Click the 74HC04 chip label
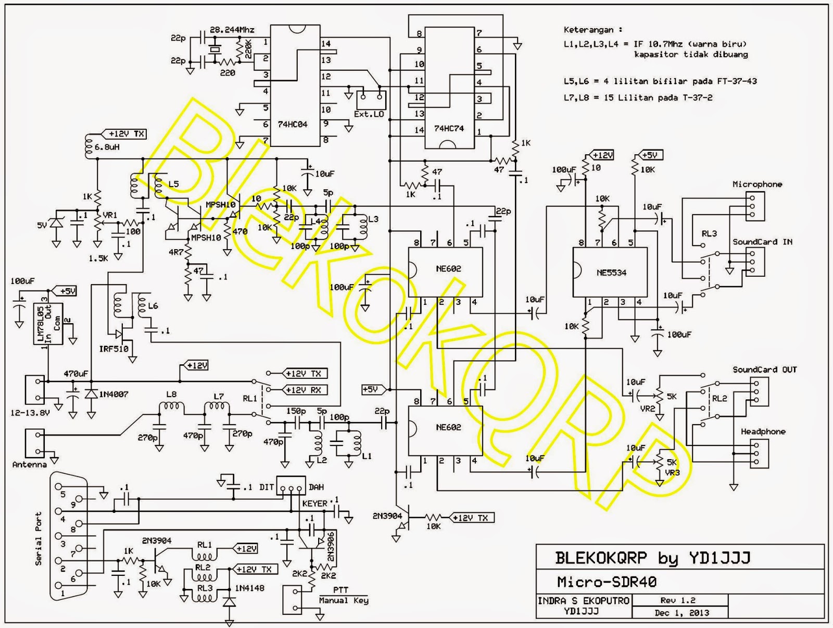tap(292, 125)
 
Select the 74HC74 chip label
tap(449, 128)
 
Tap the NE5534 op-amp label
tap(611, 273)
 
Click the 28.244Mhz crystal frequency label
tap(232, 30)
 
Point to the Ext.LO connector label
tap(369, 114)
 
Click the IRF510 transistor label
tap(113, 349)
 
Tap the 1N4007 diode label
tap(115, 394)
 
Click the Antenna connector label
tap(29, 464)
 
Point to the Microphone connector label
tap(757, 184)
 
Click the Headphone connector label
tap(763, 432)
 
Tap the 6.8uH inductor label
tap(107, 147)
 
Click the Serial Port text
tap(38, 538)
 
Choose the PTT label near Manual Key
tap(341, 590)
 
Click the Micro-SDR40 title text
tap(607, 582)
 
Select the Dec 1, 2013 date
tap(682, 613)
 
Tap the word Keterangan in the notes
tap(588, 30)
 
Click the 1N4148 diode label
tap(249, 588)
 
